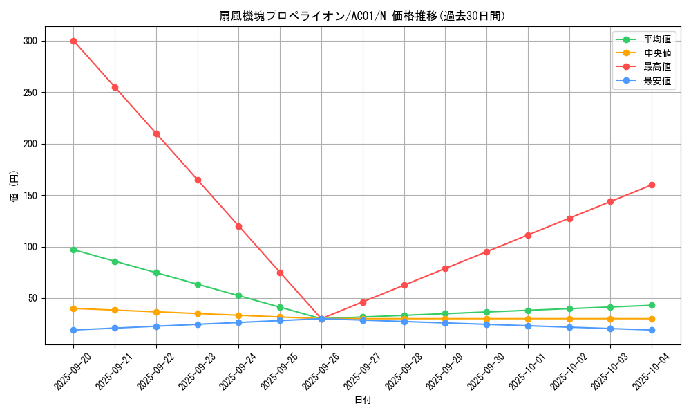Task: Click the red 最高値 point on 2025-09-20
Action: click(73, 41)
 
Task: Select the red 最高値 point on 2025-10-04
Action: click(652, 185)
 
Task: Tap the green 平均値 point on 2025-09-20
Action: click(73, 250)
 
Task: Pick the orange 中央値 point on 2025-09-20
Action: click(73, 308)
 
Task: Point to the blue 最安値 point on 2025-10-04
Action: click(652, 330)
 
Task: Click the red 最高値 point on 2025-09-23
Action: click(198, 180)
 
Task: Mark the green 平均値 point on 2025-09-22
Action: click(156, 273)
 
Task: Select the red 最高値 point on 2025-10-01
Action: click(528, 235)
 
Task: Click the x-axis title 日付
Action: click(363, 400)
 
